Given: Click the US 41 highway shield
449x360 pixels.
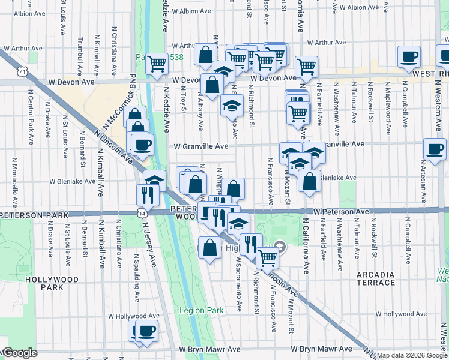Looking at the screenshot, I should [22, 71].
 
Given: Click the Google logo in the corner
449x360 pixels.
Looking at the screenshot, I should [19, 353].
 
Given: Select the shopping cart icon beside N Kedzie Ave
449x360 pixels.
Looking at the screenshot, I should [157, 62].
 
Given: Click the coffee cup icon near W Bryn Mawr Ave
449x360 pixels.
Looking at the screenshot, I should [146, 330].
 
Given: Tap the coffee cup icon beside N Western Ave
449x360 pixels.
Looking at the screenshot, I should [434, 148].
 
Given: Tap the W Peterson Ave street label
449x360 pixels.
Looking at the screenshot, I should [341, 212].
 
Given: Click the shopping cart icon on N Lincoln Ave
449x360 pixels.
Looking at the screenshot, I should [267, 258].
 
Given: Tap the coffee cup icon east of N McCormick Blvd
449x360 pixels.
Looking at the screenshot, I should [142, 145].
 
